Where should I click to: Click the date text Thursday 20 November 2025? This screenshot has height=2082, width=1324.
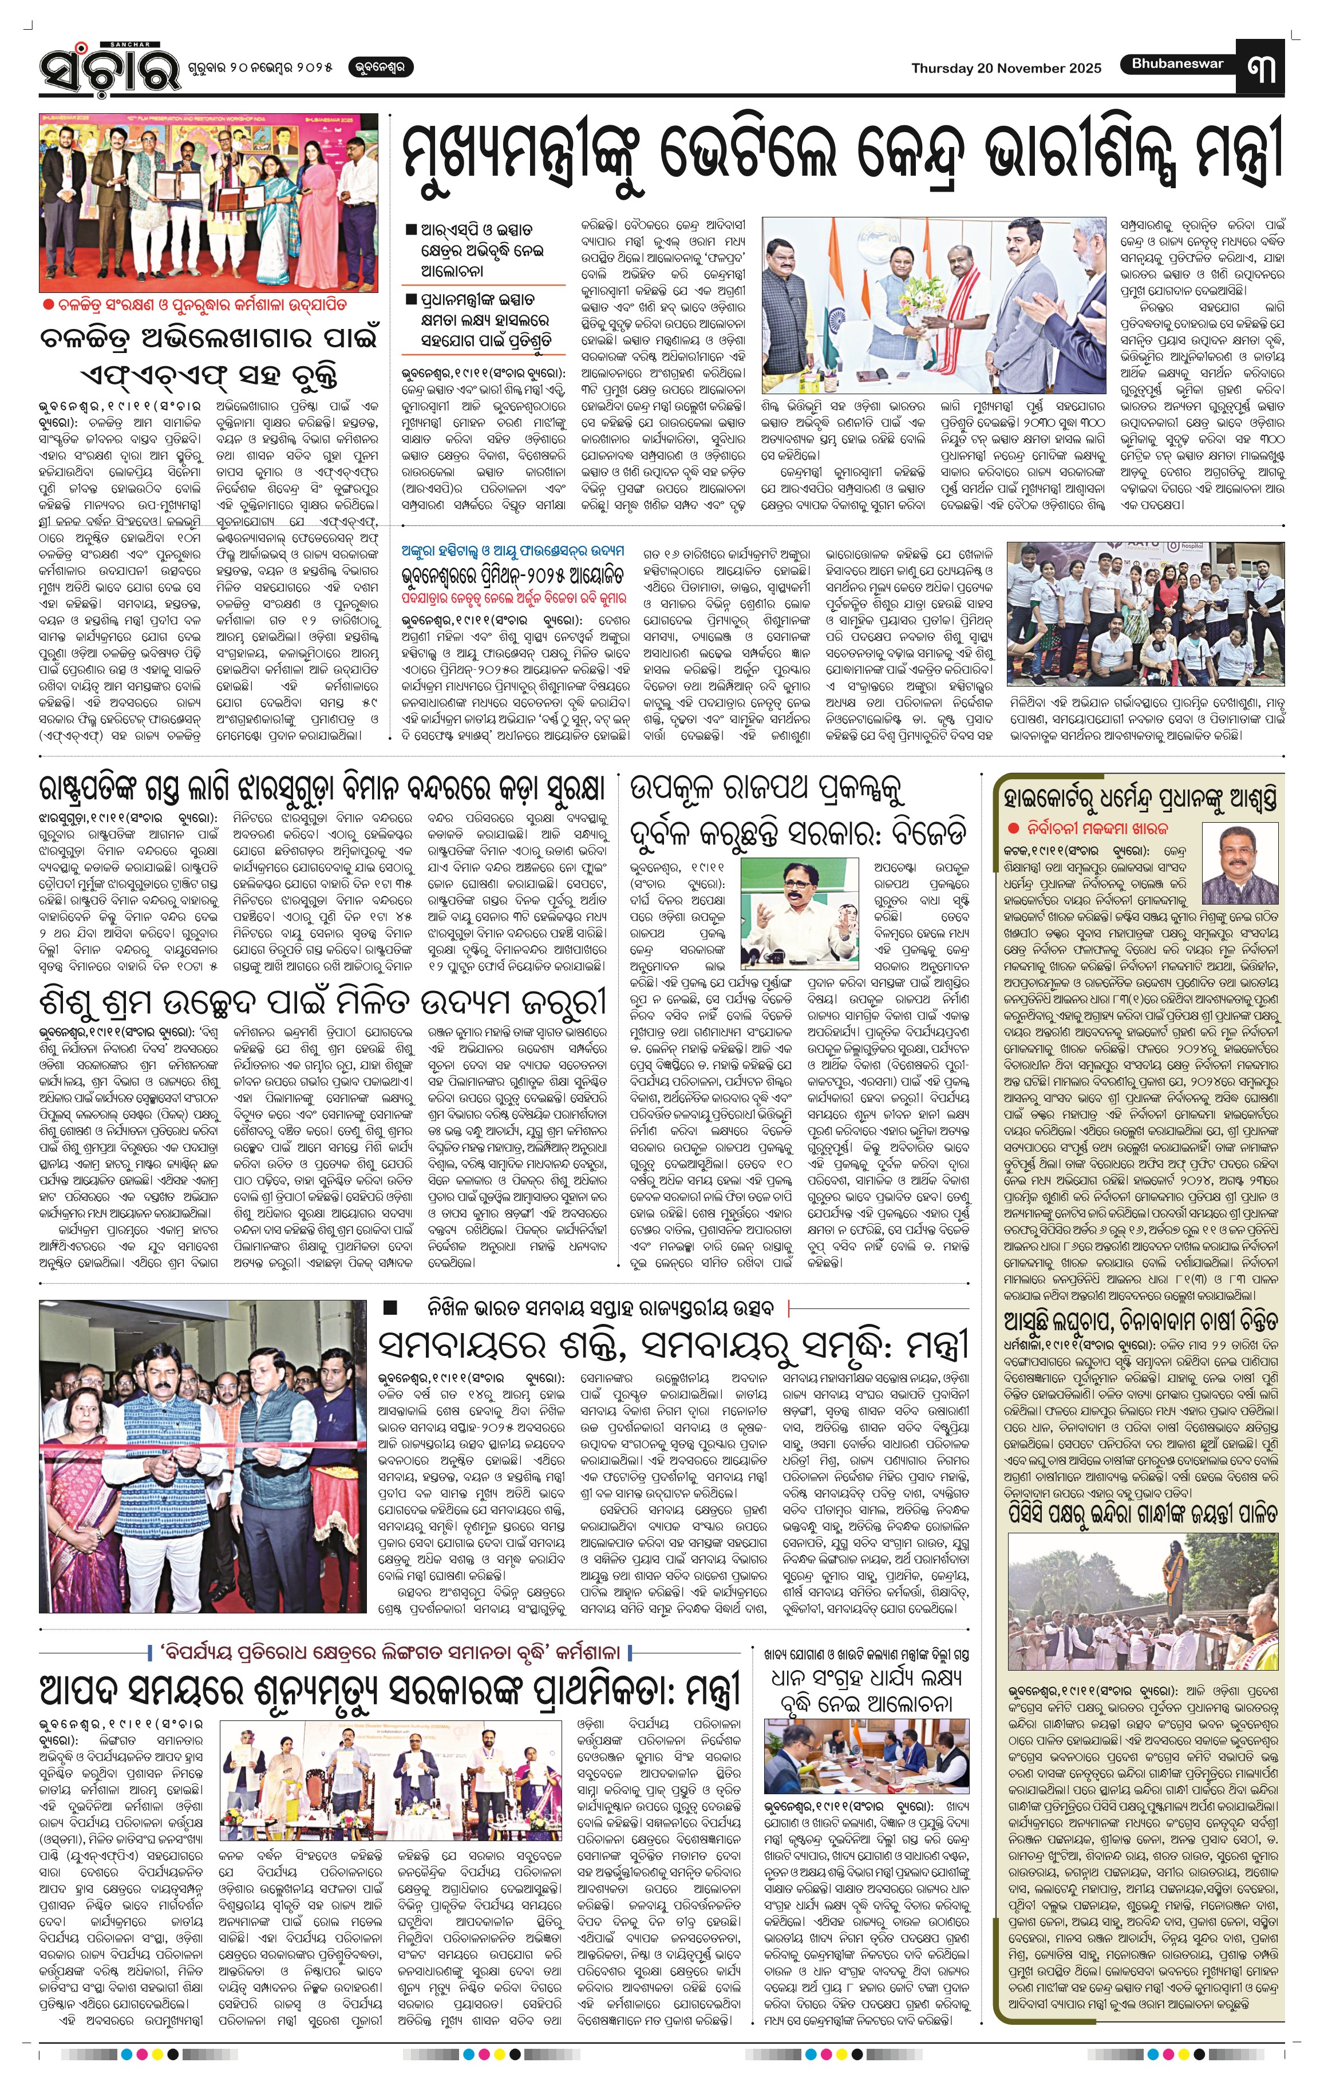tap(1006, 68)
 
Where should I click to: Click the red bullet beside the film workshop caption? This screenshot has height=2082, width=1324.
tap(49, 305)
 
